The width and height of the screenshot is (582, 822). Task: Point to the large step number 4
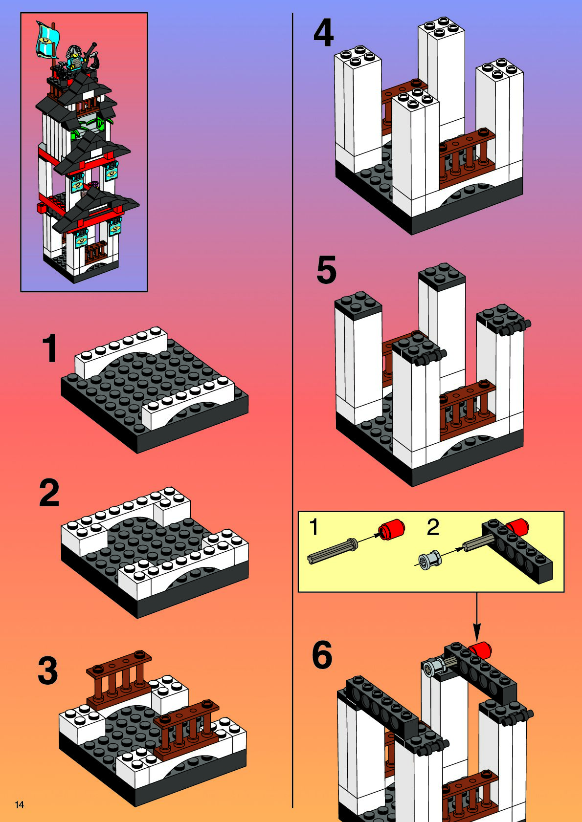(323, 33)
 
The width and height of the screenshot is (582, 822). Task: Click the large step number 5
(326, 270)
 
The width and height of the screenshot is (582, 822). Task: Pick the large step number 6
(322, 655)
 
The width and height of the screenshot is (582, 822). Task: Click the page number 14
(20, 805)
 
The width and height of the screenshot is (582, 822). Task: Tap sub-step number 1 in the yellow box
(313, 527)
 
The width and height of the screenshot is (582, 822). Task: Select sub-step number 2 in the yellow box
(433, 527)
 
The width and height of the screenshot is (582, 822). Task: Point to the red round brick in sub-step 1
(392, 530)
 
